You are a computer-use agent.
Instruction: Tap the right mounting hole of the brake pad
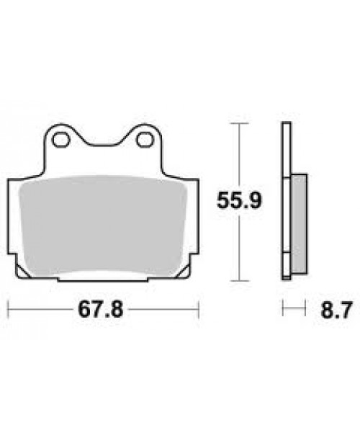pos(143,138)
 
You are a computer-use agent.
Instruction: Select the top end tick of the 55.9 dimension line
pos(239,123)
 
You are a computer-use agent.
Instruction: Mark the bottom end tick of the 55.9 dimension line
pos(239,280)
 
